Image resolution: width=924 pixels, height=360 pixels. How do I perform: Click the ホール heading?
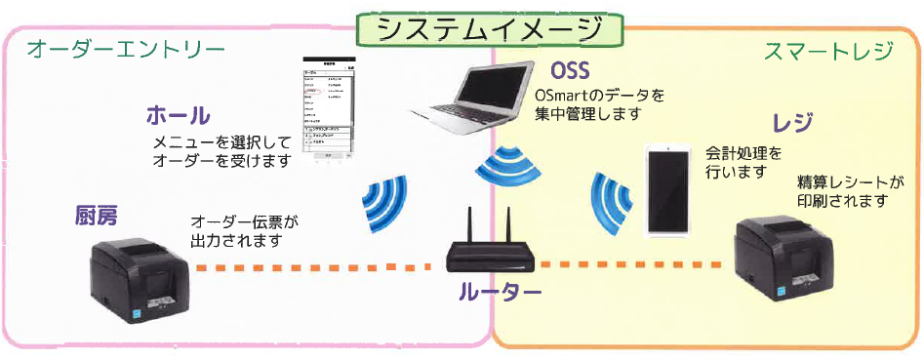click(177, 116)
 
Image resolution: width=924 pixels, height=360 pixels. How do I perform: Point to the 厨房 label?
click(98, 216)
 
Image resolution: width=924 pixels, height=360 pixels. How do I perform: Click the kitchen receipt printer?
click(140, 268)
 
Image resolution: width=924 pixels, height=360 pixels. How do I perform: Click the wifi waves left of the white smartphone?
click(611, 200)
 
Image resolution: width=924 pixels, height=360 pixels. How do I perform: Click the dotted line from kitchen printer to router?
click(312, 266)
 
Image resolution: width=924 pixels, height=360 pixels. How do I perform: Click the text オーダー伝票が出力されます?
click(243, 231)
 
